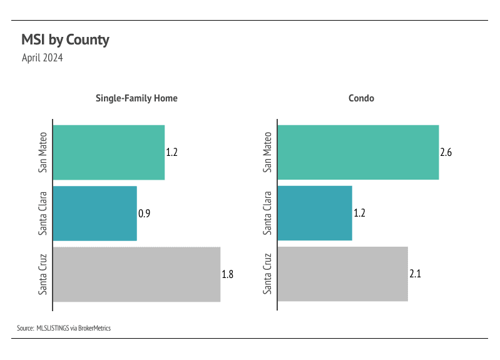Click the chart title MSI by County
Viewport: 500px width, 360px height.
(65, 40)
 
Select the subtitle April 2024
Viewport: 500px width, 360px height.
(42, 58)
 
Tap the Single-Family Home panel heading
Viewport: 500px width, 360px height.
(136, 98)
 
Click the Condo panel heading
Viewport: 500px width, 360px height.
(361, 98)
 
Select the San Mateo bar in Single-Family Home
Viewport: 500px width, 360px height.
(108, 152)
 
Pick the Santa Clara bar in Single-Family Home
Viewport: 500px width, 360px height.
(94, 213)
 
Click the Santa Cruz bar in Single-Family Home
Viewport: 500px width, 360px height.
(136, 274)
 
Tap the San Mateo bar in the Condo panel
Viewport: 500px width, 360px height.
(357, 152)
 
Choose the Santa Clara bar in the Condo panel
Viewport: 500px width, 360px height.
(314, 213)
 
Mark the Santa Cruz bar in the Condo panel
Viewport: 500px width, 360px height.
(342, 274)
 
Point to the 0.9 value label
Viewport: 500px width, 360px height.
(144, 213)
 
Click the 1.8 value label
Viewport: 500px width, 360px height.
(227, 274)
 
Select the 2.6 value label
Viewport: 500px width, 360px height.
(446, 152)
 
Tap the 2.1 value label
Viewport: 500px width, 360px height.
(415, 274)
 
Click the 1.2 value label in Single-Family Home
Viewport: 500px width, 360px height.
(172, 152)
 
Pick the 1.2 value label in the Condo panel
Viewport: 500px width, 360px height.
(359, 213)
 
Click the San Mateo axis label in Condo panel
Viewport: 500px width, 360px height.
(268, 152)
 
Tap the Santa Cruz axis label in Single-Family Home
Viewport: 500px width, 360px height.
(43, 274)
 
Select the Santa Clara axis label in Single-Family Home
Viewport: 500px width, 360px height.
(43, 213)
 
